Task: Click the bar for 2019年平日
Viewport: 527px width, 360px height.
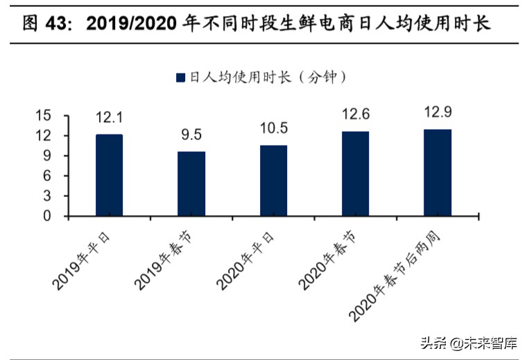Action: point(109,175)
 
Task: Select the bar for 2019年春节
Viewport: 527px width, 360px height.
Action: point(191,184)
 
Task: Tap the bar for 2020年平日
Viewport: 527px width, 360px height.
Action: point(273,180)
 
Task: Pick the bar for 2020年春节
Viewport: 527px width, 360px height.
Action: point(355,173)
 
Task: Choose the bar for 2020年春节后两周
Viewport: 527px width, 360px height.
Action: point(438,173)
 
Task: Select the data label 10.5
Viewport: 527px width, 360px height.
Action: point(273,128)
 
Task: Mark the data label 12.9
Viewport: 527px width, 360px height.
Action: point(438,112)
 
